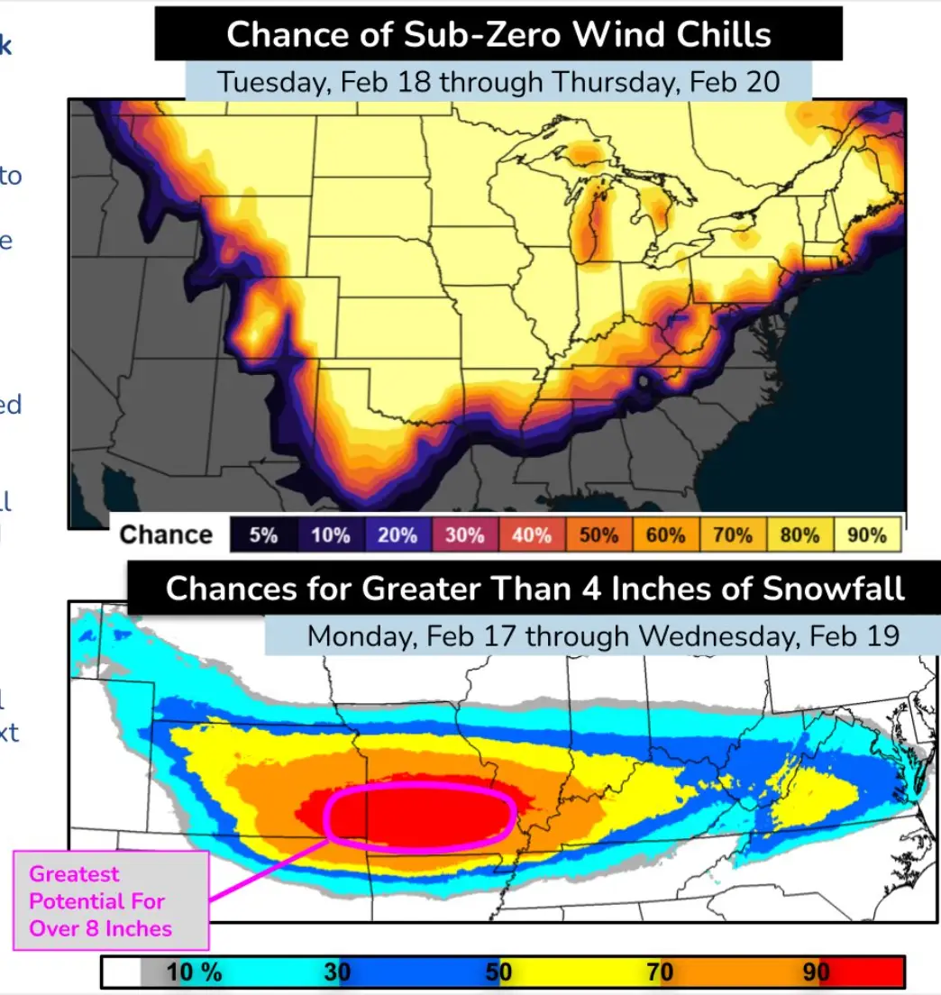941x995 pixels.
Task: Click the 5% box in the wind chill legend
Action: click(263, 534)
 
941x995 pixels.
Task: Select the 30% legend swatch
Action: click(464, 534)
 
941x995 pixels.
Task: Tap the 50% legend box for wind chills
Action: click(598, 534)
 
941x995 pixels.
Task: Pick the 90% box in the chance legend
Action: click(867, 534)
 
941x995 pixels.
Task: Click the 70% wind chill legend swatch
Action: click(732, 534)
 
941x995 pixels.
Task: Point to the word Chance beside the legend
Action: click(166, 534)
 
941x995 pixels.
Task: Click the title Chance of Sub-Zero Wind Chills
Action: click(498, 35)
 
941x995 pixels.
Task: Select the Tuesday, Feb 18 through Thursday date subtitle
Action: click(498, 82)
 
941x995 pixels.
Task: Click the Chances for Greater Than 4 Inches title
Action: click(534, 589)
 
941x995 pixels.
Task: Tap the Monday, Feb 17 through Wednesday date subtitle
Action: click(602, 636)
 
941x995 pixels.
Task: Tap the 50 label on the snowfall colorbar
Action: click(498, 972)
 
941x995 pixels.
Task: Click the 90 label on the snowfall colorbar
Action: click(816, 972)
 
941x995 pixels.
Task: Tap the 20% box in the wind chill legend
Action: click(397, 534)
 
